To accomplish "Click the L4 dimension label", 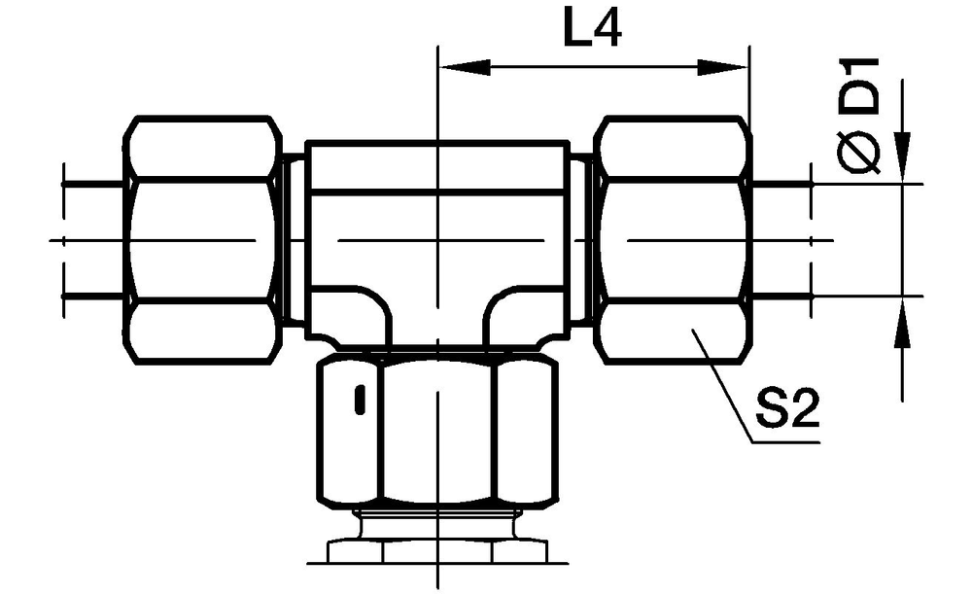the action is point(592,29).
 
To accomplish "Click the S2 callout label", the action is point(787,408).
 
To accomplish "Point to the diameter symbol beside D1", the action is point(859,152).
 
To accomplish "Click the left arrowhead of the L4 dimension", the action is point(464,68).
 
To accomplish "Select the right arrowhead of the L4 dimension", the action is point(723,68).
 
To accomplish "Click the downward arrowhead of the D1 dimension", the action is point(903,158).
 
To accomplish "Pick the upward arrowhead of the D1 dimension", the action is point(903,323).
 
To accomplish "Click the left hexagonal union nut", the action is point(202,239).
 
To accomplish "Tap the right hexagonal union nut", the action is point(673,239).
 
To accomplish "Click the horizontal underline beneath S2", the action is point(786,442).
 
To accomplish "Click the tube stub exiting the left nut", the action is point(93,239).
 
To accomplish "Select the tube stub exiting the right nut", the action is point(781,239).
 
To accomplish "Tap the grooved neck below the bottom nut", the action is point(437,525).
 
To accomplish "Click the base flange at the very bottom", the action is point(437,552).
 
